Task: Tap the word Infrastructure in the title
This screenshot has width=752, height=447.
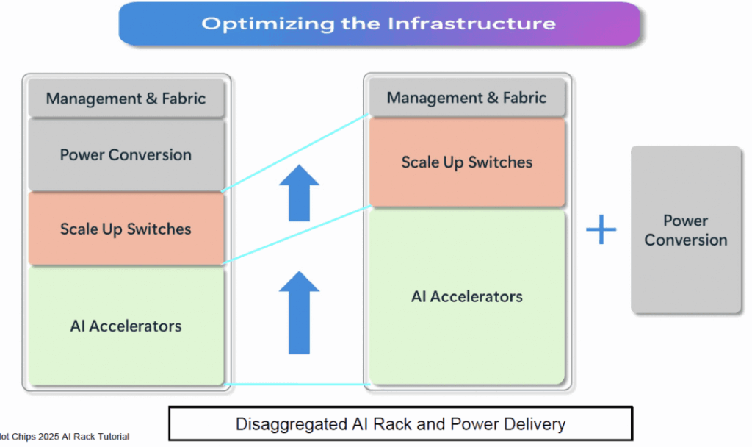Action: click(x=472, y=24)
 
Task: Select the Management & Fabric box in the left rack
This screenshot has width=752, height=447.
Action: click(x=126, y=99)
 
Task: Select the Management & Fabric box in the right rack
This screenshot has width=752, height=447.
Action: click(x=466, y=98)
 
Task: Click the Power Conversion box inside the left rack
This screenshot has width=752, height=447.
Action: click(x=126, y=155)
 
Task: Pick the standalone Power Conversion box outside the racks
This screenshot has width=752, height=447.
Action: click(x=686, y=230)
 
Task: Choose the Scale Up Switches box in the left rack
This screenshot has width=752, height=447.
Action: click(x=126, y=229)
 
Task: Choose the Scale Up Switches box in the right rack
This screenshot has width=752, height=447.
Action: click(x=466, y=162)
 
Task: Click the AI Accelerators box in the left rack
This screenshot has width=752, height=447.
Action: click(x=126, y=326)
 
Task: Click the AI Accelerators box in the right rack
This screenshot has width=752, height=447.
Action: click(x=466, y=296)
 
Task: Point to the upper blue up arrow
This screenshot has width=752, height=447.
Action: click(x=299, y=193)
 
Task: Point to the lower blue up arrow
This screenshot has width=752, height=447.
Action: click(x=299, y=312)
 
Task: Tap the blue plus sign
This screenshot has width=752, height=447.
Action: click(x=601, y=230)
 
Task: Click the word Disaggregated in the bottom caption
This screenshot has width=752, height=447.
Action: click(x=288, y=424)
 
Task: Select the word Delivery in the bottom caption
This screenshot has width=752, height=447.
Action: click(x=535, y=424)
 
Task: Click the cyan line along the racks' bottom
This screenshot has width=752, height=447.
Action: click(x=294, y=384)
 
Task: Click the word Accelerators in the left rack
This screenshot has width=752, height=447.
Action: click(x=135, y=326)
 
